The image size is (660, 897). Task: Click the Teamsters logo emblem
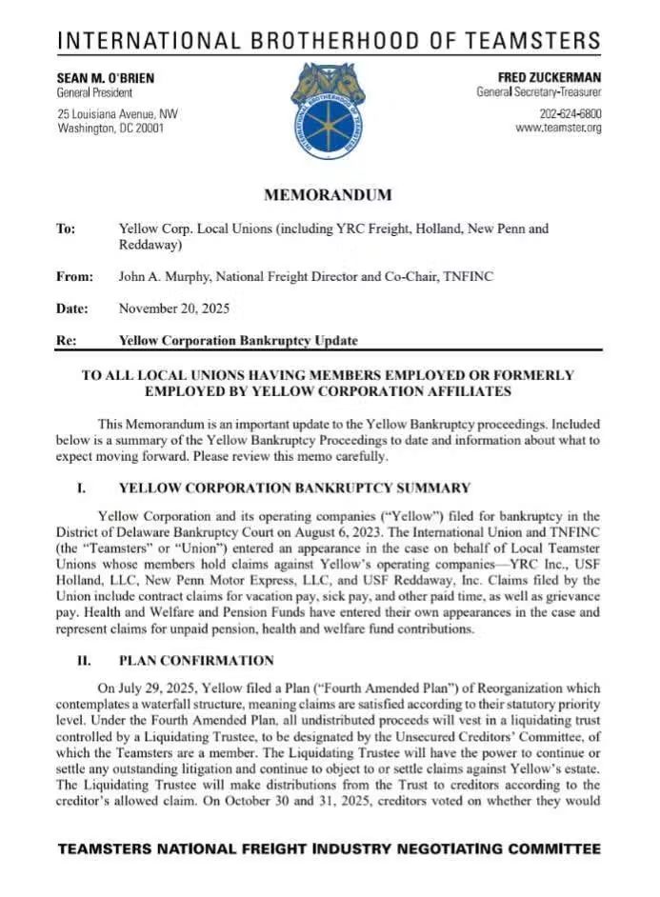pos(329,110)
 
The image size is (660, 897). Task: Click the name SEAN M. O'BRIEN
pos(106,77)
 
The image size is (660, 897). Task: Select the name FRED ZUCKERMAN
pos(550,77)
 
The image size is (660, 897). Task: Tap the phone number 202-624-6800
pos(570,114)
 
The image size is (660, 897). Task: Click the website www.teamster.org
pos(558,129)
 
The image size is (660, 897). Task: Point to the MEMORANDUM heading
pos(328,195)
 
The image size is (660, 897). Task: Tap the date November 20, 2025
pos(173,309)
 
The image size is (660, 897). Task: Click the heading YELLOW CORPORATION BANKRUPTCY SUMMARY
pos(294,488)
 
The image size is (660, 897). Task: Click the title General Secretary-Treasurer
pos(539,92)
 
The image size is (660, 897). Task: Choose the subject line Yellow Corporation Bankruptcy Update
pos(238,340)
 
